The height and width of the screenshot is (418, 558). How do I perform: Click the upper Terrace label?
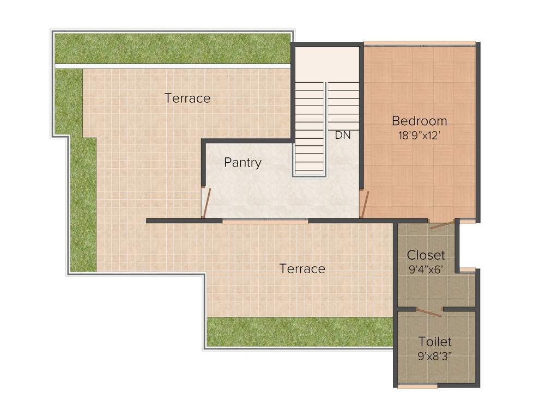click(x=187, y=99)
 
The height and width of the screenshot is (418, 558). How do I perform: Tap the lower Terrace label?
click(x=302, y=269)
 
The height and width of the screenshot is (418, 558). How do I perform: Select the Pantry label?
click(x=242, y=163)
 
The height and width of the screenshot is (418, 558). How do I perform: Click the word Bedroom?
click(x=419, y=121)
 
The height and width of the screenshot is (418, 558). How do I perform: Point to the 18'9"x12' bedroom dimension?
click(x=419, y=136)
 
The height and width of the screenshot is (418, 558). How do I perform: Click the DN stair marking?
click(x=343, y=136)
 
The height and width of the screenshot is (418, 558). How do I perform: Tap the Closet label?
click(x=426, y=255)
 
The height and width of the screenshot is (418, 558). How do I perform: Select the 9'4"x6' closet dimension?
click(x=426, y=269)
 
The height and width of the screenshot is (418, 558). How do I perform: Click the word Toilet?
click(x=434, y=342)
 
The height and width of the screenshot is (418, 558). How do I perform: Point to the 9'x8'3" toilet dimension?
click(x=434, y=356)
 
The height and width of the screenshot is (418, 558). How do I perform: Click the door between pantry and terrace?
click(x=205, y=202)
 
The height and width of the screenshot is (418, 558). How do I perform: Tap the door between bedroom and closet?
click(x=441, y=224)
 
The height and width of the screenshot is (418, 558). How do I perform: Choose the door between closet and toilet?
click(x=429, y=312)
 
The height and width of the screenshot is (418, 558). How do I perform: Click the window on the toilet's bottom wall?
click(x=417, y=386)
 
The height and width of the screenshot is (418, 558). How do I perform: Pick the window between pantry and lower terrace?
click(x=265, y=221)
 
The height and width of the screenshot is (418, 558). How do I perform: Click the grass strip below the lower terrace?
click(x=299, y=331)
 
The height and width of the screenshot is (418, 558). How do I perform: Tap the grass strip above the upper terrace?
click(x=172, y=49)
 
